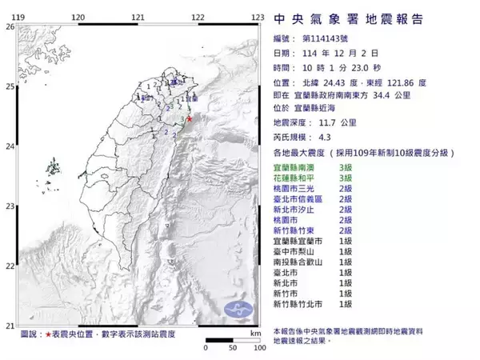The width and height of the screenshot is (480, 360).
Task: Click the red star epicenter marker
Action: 190,119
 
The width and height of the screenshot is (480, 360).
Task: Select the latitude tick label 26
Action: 10,26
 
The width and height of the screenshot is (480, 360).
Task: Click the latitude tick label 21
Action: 10,326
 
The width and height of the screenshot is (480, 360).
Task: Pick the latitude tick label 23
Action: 10,206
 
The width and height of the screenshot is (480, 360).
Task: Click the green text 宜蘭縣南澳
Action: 300,166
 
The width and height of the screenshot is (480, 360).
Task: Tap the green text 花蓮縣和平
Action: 300,177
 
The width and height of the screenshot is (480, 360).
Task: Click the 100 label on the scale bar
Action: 258,349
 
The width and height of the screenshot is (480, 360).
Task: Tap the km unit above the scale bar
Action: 255,332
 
